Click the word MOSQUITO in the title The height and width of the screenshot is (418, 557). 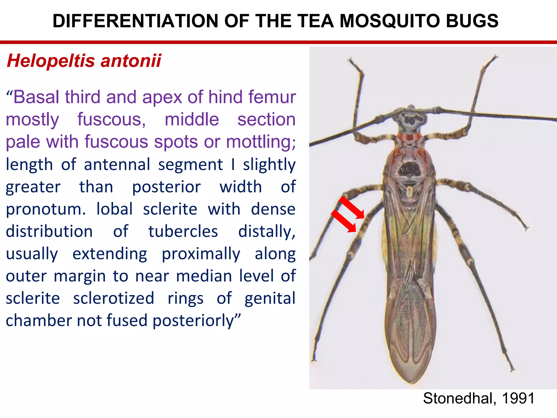(x=390, y=21)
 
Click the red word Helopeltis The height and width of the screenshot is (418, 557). (x=51, y=60)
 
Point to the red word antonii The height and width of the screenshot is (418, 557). (x=131, y=60)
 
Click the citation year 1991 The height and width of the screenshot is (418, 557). (x=518, y=398)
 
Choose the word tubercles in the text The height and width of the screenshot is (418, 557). (x=183, y=232)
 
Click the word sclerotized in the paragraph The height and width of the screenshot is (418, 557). (x=113, y=298)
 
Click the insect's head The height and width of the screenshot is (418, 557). (x=411, y=120)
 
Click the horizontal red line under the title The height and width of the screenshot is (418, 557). (x=278, y=42)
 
